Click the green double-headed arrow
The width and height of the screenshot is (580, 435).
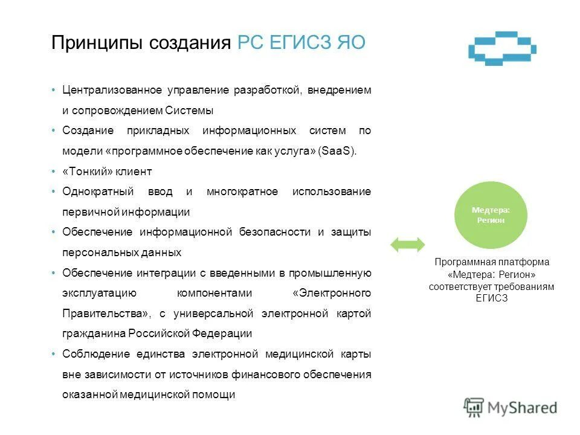(x=408, y=244)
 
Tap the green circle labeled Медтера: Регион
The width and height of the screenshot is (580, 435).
(x=491, y=215)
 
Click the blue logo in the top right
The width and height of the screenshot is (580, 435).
(x=503, y=48)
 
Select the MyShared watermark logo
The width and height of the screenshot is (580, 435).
(x=511, y=408)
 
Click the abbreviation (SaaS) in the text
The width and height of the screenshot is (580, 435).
(x=338, y=151)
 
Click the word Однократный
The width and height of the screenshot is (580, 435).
(x=99, y=192)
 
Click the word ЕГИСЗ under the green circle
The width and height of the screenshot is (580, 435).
(x=491, y=298)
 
